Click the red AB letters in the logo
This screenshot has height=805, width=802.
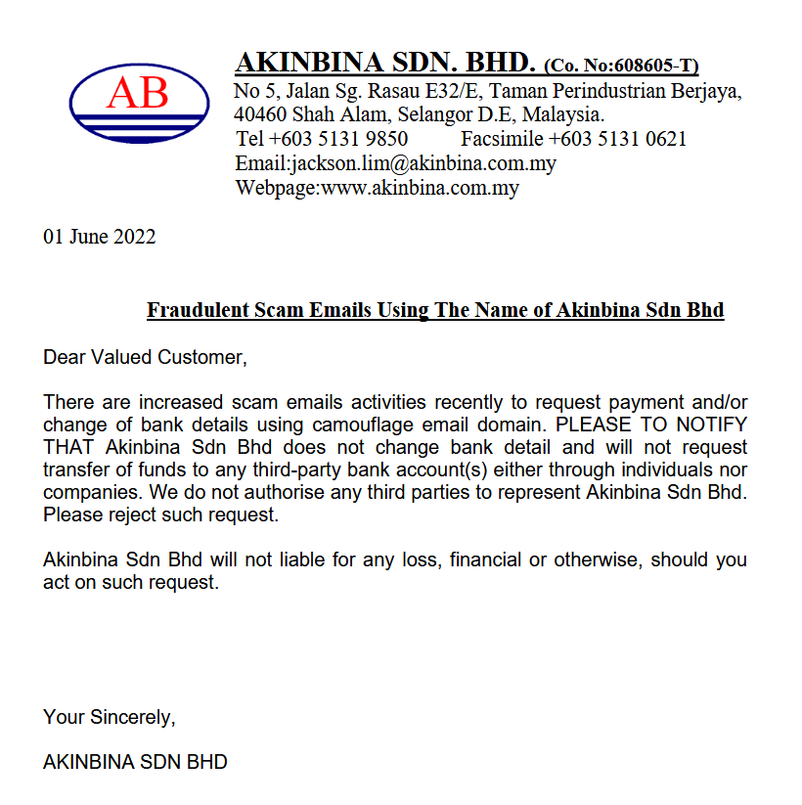138,92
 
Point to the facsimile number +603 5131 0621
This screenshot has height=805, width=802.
617,139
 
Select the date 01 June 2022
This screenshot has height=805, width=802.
99,237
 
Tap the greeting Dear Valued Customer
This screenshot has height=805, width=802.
145,357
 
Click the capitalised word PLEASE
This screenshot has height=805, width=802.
594,425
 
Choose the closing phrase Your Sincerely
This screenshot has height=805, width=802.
109,718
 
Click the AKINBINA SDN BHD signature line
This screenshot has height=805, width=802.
135,762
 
